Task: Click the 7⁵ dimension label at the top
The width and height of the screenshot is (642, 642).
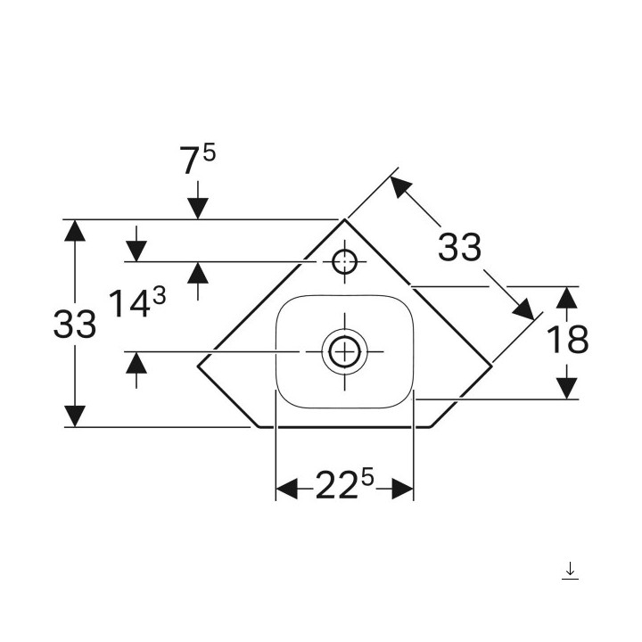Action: (197, 160)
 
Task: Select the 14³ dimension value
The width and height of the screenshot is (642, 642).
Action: (136, 304)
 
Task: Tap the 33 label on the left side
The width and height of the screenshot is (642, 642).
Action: (75, 325)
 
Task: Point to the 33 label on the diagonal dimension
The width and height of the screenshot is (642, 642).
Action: (459, 247)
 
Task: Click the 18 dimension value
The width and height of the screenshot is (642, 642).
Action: (567, 340)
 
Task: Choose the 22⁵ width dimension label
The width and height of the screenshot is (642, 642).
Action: (344, 487)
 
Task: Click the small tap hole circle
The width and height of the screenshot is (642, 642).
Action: (343, 262)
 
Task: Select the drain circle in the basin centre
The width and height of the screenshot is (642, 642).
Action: (343, 351)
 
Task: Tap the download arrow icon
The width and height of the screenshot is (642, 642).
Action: (570, 571)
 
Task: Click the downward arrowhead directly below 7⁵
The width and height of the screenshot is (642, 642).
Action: (197, 208)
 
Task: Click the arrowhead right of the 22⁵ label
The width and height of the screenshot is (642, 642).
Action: (402, 488)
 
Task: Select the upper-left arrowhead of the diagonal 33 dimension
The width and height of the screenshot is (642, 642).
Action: (400, 186)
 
